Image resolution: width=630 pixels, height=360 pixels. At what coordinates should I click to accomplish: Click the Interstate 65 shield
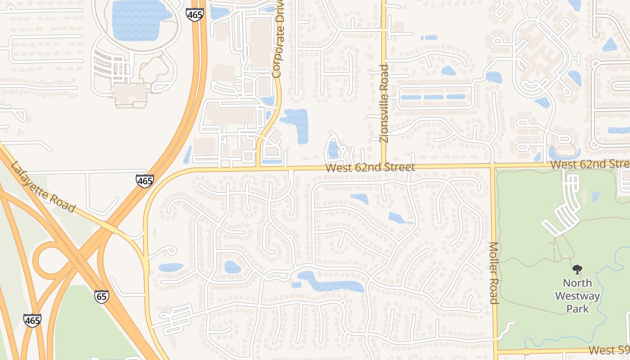click(x=102, y=297)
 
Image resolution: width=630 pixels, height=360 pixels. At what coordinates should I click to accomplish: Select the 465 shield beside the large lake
click(x=195, y=14)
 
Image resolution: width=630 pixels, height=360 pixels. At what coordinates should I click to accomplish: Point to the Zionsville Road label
click(x=384, y=103)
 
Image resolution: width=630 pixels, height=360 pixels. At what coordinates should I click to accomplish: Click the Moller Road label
click(x=494, y=273)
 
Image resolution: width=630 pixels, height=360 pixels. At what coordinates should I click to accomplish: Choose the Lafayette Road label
click(x=42, y=187)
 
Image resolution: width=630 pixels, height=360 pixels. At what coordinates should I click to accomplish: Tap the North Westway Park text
click(x=577, y=296)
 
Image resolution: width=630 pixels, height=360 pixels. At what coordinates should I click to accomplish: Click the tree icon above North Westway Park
click(x=577, y=270)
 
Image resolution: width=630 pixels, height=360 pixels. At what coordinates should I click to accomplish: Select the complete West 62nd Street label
click(x=370, y=168)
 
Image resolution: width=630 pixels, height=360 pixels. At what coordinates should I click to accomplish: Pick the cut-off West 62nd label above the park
click(x=589, y=164)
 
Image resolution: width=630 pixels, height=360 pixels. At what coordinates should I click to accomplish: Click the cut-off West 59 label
click(x=608, y=350)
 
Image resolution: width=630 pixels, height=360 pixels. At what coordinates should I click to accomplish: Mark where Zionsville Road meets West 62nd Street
click(x=383, y=167)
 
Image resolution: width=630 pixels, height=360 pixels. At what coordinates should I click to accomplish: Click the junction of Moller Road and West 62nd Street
click(x=492, y=166)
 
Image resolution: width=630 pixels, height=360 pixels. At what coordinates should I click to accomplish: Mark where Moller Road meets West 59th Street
click(x=497, y=351)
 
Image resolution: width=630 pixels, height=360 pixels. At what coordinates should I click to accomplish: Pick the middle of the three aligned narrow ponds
click(x=433, y=97)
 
